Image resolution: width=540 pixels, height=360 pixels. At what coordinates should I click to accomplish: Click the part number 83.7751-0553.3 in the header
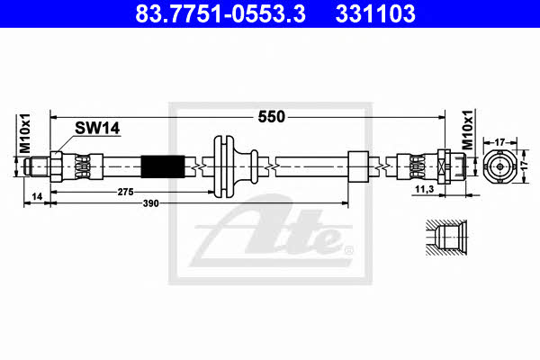[220, 13]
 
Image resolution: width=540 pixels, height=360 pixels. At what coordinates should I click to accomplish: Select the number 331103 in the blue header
[375, 13]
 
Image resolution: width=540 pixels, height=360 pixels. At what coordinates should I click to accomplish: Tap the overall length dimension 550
[272, 117]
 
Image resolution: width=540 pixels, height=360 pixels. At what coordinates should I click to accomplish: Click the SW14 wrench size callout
[97, 129]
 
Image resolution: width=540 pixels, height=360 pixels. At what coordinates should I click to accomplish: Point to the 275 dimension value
[125, 192]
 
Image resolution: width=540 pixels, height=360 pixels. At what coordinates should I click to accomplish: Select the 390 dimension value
[151, 203]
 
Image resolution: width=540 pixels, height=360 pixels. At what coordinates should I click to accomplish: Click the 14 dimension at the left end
[37, 196]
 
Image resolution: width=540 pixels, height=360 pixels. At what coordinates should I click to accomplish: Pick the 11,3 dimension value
[424, 189]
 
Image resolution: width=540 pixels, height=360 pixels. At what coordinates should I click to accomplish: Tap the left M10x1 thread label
[25, 133]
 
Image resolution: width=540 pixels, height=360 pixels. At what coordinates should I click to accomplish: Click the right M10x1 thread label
[467, 130]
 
